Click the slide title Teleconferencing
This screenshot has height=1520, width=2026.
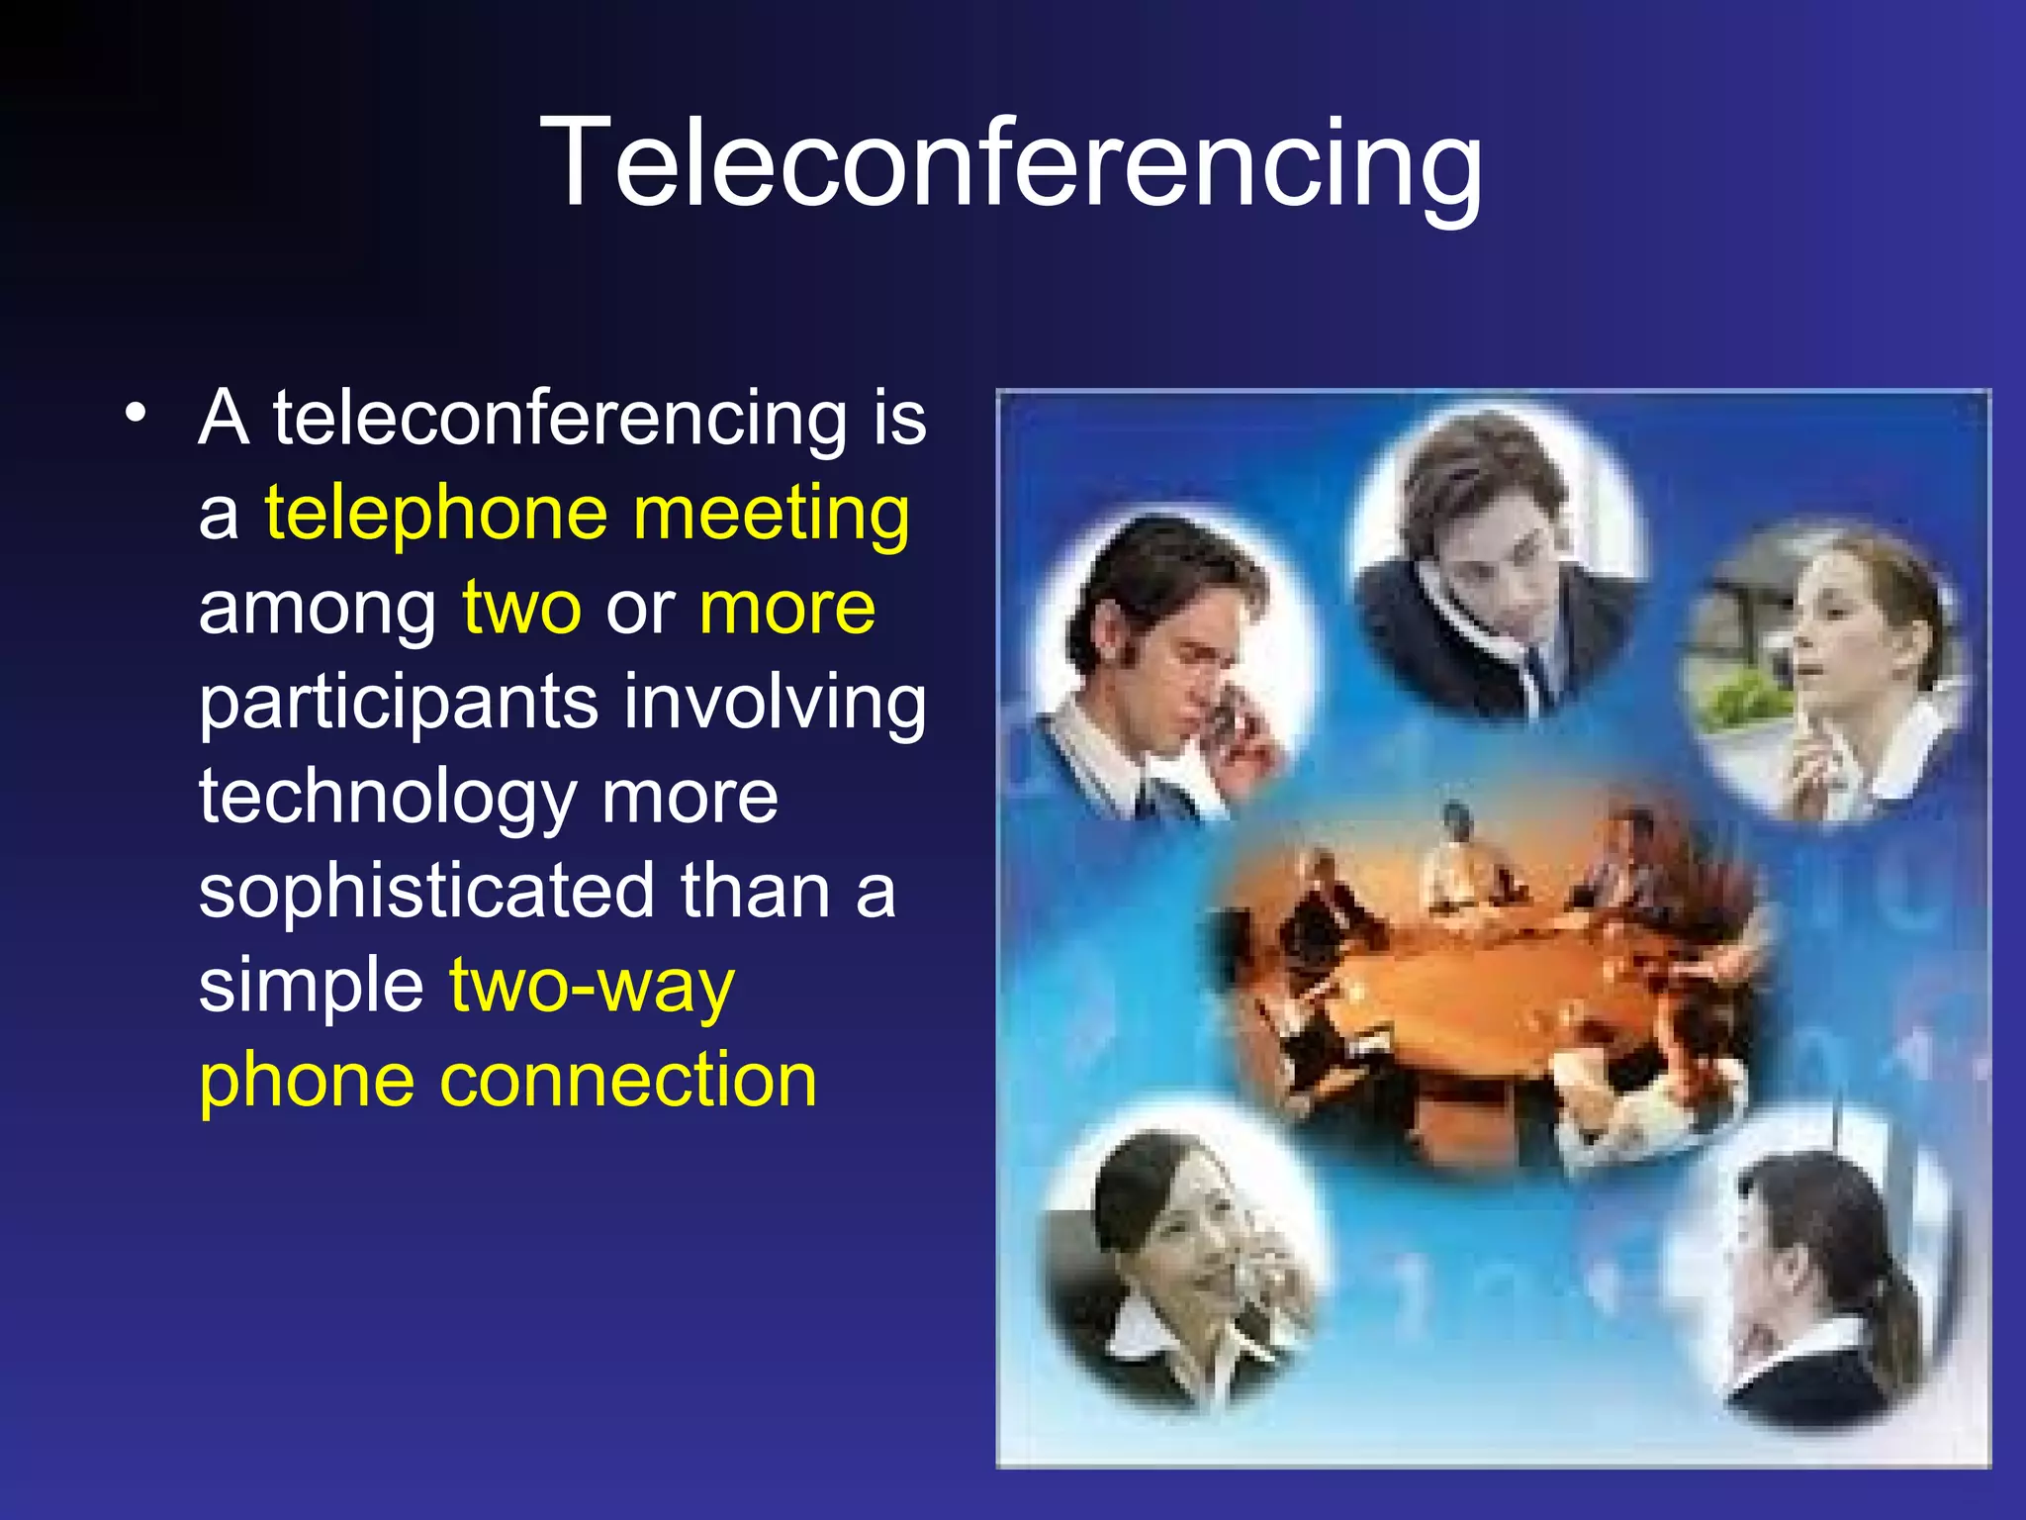pyautogui.click(x=1011, y=163)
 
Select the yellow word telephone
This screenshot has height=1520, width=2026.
pyautogui.click(x=435, y=515)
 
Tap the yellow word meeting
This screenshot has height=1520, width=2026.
pyautogui.click(x=771, y=515)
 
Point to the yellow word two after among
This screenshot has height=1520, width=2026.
pyautogui.click(x=521, y=608)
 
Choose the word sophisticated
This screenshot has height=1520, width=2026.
pyautogui.click(x=426, y=891)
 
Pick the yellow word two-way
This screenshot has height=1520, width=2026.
pyautogui.click(x=592, y=987)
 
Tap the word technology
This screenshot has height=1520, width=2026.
pyautogui.click(x=387, y=798)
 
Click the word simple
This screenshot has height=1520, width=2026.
pyautogui.click(x=312, y=987)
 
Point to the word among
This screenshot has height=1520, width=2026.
pyautogui.click(x=318, y=610)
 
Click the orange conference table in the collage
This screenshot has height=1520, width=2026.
pyautogui.click(x=1484, y=980)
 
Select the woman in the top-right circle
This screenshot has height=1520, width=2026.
pyautogui.click(x=1840, y=673)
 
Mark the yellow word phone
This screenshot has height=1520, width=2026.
pyautogui.click(x=307, y=1081)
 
